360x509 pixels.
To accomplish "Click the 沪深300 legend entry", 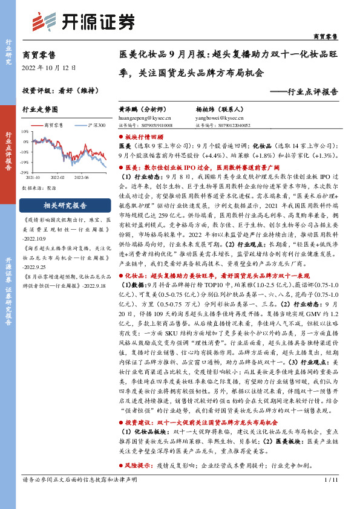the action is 97,125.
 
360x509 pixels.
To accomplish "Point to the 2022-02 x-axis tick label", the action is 57,178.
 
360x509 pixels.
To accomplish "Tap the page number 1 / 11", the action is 329,498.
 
